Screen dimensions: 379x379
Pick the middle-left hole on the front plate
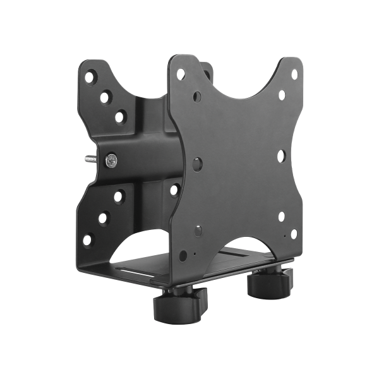(197, 162)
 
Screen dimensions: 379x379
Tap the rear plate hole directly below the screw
(118, 196)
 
